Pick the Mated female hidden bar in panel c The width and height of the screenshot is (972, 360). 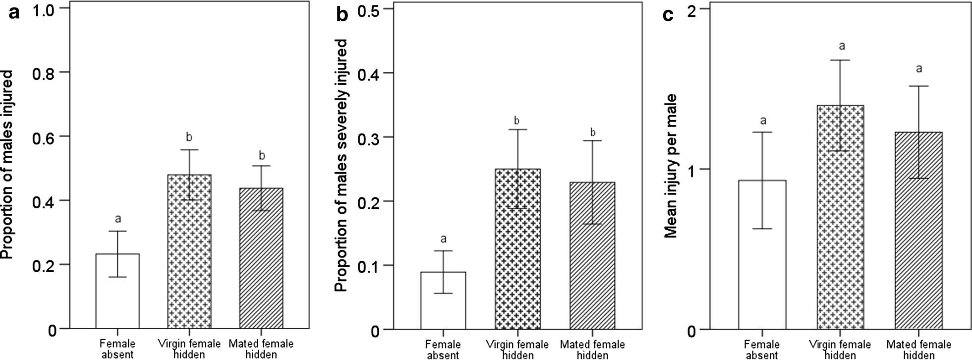click(918, 231)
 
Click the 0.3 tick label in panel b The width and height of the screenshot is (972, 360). click(368, 137)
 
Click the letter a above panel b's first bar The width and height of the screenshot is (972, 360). click(443, 239)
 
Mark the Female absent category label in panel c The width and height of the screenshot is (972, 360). click(761, 349)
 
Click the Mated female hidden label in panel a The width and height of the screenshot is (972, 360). click(261, 348)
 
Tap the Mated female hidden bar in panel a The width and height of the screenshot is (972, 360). click(261, 258)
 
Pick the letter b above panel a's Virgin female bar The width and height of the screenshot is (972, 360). click(189, 137)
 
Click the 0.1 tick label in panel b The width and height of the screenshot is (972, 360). click(368, 265)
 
